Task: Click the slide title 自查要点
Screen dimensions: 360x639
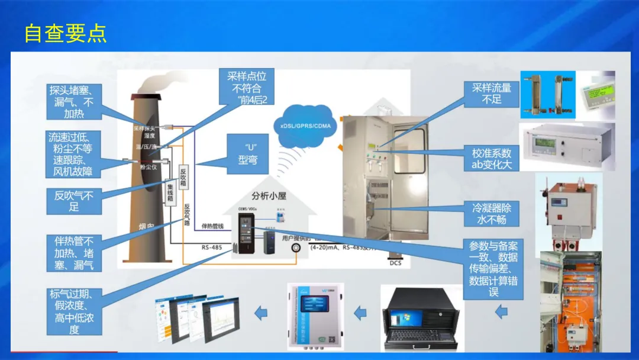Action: pos(65,33)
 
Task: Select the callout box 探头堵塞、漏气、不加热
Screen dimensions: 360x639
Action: pos(75,102)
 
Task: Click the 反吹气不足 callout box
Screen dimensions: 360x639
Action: pos(74,201)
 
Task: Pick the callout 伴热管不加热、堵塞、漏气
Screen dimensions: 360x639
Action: pos(74,253)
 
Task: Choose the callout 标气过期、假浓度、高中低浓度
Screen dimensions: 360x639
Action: pos(74,311)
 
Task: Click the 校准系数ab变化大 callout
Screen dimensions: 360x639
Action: pos(491,158)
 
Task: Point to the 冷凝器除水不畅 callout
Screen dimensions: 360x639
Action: pos(491,214)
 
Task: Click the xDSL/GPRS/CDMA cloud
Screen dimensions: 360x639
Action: pos(307,126)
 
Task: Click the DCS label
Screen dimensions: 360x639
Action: pos(395,262)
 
